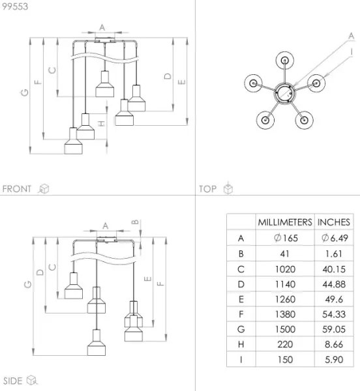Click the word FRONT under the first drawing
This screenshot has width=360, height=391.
tap(17, 189)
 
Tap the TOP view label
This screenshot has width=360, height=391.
tap(208, 189)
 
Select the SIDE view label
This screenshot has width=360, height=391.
tap(13, 381)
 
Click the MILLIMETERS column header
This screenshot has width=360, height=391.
tap(285, 222)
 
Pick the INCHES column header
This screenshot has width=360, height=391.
tap(334, 222)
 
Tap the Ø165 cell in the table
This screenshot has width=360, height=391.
tap(285, 239)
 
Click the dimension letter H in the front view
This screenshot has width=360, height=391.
tap(102, 123)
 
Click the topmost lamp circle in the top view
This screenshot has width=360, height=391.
tap(286, 61)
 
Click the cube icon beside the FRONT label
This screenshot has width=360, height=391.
tap(44, 189)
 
